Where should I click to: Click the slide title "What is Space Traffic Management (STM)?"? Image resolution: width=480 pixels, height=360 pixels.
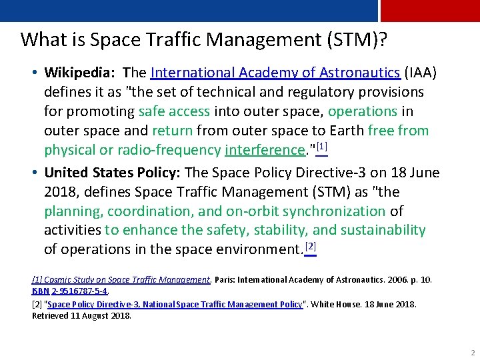204,39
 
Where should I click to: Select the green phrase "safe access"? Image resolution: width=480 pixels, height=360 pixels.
174,111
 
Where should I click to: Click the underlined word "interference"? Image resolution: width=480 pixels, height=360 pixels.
264,150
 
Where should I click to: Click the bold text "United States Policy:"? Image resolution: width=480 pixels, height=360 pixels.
111,173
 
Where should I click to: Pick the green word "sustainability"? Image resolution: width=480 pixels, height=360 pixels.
383,230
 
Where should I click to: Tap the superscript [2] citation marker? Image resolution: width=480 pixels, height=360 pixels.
310,246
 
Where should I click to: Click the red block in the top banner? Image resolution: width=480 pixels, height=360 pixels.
429,11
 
